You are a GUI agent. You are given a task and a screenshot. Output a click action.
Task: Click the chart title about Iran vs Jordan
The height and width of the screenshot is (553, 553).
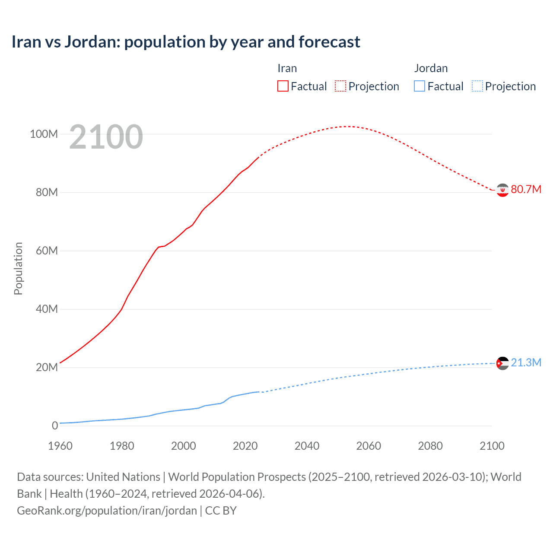pos(186,42)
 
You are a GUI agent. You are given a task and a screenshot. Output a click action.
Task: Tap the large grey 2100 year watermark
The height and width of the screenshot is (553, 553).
pos(106,137)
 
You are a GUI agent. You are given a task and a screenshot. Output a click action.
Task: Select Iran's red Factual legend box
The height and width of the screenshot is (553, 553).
pos(283,86)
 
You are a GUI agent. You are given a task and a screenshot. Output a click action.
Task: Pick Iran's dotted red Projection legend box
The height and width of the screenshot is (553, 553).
pos(340,86)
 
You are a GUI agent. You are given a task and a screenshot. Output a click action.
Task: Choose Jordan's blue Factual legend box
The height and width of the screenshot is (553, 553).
pos(420,86)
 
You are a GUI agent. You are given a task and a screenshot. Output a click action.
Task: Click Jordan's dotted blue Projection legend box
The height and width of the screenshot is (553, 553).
pos(477,86)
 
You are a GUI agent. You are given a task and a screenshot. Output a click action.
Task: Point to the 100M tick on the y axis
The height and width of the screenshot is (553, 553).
pos(44,134)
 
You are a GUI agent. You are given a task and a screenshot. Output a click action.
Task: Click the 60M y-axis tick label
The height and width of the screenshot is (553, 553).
pos(47,251)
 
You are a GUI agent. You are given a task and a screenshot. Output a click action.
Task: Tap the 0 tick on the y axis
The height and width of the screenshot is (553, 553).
pos(55,426)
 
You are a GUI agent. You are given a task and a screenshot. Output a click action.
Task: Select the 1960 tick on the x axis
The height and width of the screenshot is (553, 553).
pos(60,446)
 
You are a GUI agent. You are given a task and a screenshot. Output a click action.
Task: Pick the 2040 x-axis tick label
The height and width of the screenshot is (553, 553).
pos(307,446)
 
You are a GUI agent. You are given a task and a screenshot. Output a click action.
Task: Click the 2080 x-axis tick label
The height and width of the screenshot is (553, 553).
pos(430,446)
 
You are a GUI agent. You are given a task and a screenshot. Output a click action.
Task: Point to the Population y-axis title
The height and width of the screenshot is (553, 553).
pos(18,268)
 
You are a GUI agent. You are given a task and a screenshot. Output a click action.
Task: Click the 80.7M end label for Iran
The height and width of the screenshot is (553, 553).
pos(526,190)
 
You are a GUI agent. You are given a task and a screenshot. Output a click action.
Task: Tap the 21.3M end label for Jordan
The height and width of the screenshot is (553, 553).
pos(526,362)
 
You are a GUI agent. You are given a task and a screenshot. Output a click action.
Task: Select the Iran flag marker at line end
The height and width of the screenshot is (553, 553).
pos(502,190)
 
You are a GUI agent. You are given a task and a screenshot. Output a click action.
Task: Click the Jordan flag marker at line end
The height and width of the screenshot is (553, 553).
pos(502,363)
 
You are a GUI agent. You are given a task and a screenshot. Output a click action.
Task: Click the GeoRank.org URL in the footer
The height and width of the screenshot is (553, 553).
pos(107,511)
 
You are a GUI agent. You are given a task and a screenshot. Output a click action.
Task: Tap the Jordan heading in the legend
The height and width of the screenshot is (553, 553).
pos(431,68)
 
